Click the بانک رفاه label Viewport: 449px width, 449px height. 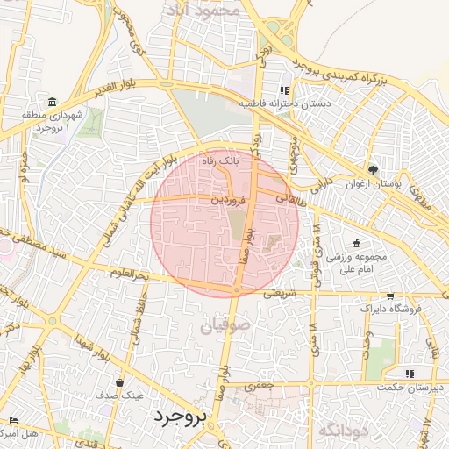click(220, 161)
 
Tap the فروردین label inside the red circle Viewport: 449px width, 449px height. click(227, 200)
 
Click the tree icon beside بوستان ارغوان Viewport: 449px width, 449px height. click(374, 169)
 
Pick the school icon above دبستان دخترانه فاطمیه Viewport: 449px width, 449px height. click(283, 90)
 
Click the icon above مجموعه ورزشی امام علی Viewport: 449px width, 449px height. click(356, 243)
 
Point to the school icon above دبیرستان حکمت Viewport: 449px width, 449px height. click(410, 374)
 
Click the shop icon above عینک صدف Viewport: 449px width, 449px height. click(119, 382)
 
